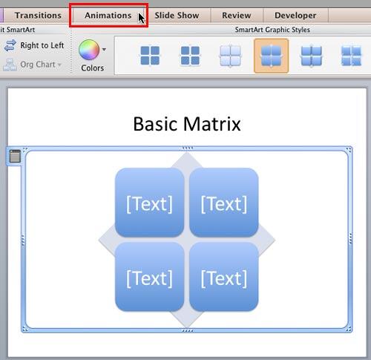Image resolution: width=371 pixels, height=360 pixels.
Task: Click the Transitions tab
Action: tap(38, 15)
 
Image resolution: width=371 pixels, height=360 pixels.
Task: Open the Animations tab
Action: tap(108, 15)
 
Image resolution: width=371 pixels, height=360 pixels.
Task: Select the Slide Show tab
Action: tap(177, 15)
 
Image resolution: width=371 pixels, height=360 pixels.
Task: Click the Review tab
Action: tap(236, 15)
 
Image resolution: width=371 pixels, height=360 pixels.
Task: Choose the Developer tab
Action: tap(295, 15)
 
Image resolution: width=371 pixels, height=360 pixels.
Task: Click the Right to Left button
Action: tap(35, 45)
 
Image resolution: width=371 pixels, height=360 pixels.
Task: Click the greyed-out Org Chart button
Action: tap(33, 65)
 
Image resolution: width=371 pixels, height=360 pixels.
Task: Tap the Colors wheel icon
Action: tap(89, 50)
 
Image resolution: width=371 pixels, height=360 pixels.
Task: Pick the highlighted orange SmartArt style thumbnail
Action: tap(271, 56)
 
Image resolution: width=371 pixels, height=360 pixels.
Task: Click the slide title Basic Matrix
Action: tap(187, 123)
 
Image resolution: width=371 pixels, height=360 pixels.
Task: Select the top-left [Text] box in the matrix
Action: tap(149, 203)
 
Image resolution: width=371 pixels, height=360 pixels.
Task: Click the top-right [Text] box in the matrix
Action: tap(223, 203)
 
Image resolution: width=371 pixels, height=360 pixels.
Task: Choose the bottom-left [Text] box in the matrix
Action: tap(149, 278)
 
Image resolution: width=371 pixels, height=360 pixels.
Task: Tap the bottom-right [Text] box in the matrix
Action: tap(223, 278)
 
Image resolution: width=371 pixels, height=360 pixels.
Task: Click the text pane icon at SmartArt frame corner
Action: tap(14, 155)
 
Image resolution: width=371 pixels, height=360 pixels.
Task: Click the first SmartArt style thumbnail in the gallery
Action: tap(151, 56)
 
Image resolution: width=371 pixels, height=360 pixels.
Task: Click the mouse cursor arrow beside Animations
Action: tap(141, 17)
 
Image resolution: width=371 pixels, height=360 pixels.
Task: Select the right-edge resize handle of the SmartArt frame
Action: tap(350, 239)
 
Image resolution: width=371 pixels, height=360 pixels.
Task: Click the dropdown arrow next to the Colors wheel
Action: tap(104, 50)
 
